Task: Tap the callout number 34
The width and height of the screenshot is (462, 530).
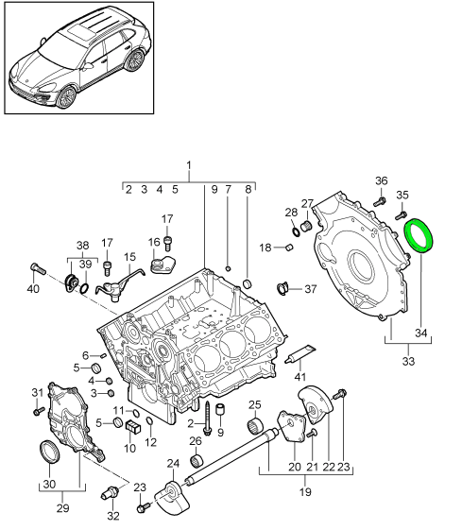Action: pos(421,333)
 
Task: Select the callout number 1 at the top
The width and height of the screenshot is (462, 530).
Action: pos(189,166)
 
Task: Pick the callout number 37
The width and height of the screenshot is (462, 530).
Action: pos(312,289)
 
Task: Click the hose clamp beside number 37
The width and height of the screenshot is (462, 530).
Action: pos(282,287)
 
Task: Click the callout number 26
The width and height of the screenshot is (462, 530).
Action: pos(195,440)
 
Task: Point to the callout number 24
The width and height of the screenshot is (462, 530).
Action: pos(172,463)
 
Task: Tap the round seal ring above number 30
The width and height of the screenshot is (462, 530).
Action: pos(49,453)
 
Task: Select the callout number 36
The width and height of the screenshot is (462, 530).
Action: pos(381,181)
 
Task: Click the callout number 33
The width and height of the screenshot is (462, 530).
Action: pos(409,360)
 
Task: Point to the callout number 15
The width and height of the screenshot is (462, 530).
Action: pos(129,256)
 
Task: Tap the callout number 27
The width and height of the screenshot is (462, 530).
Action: pos(306,204)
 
